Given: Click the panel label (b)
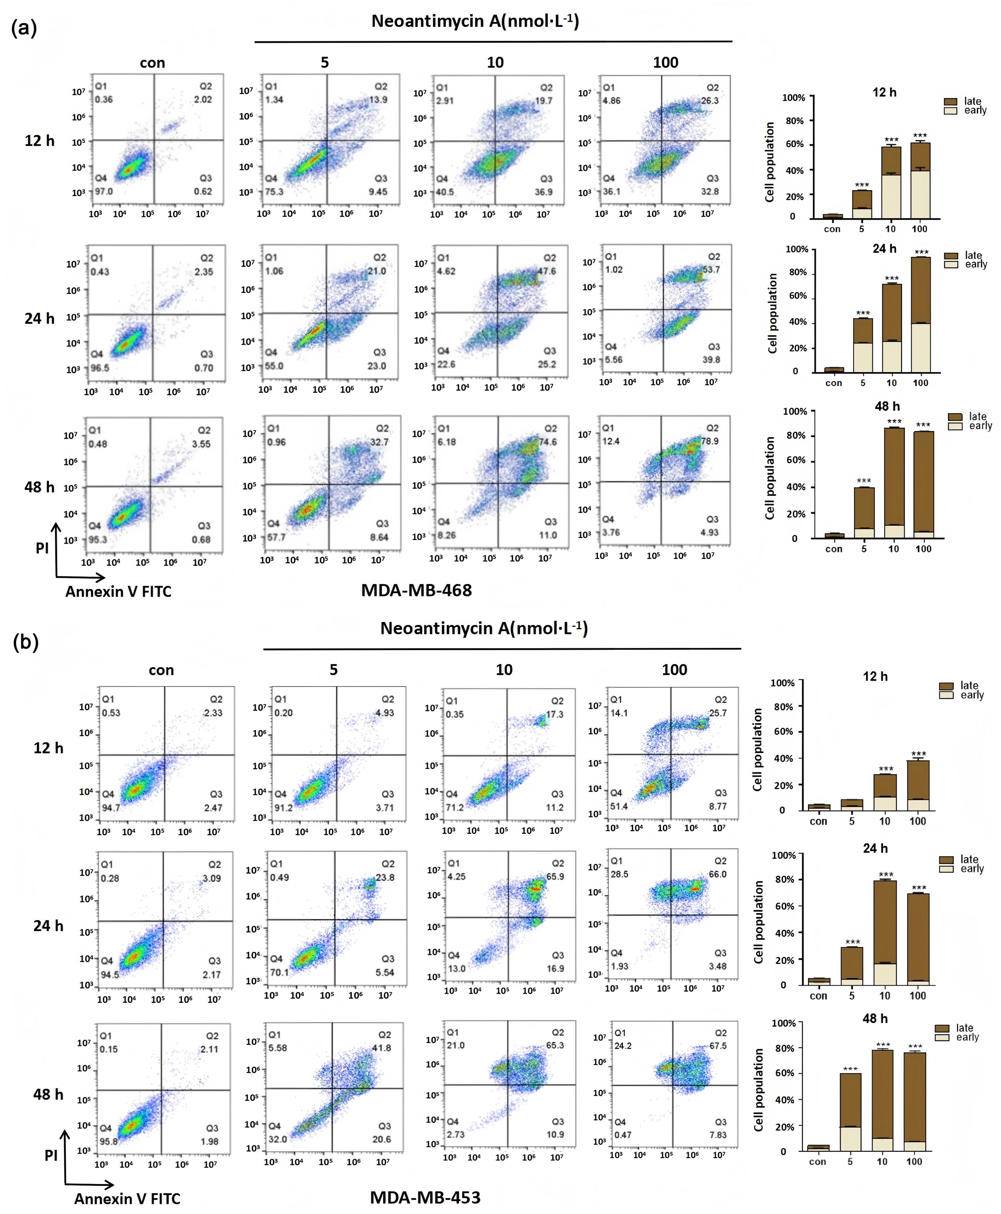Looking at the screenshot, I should (x=25, y=642).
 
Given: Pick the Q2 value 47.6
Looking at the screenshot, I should (x=547, y=271).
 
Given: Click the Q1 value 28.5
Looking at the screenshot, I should (x=620, y=874).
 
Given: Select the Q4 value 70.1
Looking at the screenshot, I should (x=280, y=972).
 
